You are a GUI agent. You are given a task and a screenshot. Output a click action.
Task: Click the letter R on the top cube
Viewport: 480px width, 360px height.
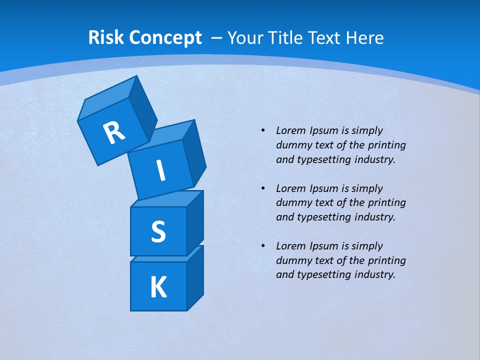[x=114, y=133]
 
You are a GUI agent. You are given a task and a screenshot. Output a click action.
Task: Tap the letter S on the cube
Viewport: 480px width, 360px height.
[x=158, y=231]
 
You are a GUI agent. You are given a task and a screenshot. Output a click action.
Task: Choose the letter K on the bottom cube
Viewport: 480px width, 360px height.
[x=158, y=287]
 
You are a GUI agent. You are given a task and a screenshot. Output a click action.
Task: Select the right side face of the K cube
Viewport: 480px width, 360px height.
[x=195, y=278]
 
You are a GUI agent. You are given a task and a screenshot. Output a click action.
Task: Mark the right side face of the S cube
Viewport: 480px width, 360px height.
[x=195, y=222]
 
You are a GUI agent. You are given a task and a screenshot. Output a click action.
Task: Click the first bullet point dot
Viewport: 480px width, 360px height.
[x=262, y=130]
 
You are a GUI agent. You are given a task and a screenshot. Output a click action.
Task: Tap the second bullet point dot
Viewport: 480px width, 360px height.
[x=262, y=188]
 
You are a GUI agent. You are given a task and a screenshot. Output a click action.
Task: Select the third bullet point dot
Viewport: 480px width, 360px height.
[x=262, y=246]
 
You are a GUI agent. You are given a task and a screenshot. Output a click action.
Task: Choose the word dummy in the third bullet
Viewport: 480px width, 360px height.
[x=292, y=260]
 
